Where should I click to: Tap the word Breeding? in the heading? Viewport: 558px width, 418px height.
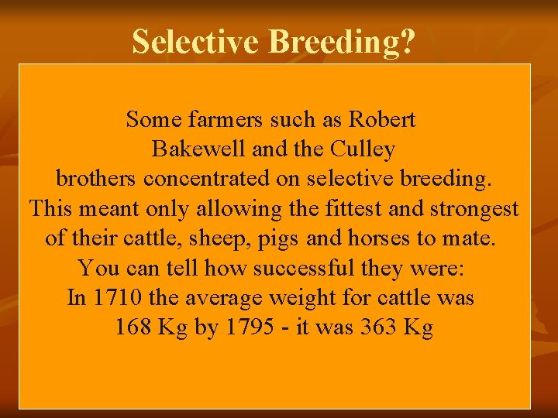(342, 42)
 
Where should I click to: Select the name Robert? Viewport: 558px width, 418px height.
(382, 120)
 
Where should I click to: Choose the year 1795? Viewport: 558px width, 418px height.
(249, 327)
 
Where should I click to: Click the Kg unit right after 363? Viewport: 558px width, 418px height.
(418, 327)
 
